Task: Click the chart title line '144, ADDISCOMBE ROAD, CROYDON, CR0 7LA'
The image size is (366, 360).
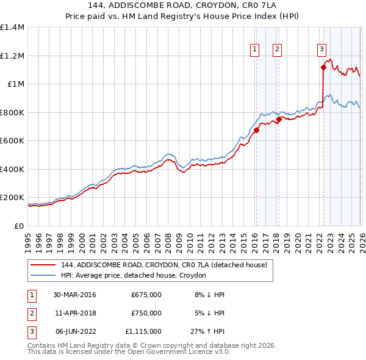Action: [183, 6]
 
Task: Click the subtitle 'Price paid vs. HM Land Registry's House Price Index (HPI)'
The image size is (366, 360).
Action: [183, 16]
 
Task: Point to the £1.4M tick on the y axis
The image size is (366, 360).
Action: [12, 27]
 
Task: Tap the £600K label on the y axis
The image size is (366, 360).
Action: [12, 141]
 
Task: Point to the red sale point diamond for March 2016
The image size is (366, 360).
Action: [256, 130]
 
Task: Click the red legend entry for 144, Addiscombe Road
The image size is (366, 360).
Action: [163, 265]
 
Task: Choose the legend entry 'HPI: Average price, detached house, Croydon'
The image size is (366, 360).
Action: [133, 276]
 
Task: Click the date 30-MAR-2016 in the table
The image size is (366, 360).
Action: [74, 295]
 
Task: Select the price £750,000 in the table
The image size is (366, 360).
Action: [146, 313]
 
